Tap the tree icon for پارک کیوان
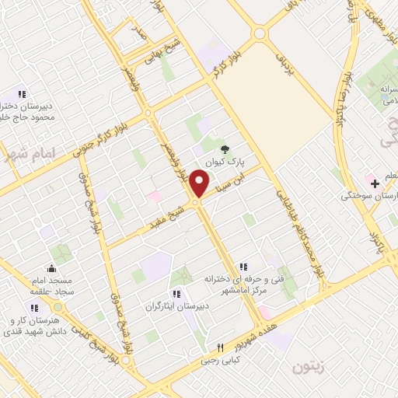(225, 148)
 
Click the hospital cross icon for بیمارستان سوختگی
(375, 184)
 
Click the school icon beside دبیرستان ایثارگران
(176, 294)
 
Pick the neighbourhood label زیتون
(310, 366)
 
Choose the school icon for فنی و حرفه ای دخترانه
(243, 267)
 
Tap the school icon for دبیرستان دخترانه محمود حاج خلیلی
(21, 94)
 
